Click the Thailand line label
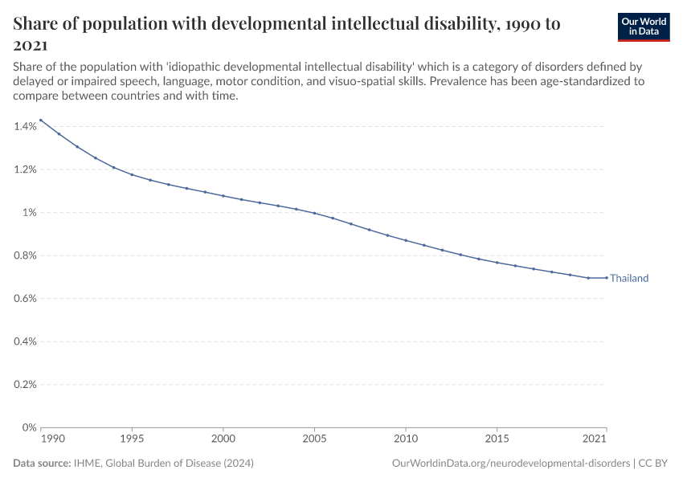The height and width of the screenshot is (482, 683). (628, 279)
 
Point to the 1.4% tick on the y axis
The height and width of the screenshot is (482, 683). (25, 126)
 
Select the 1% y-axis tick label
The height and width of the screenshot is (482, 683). (29, 212)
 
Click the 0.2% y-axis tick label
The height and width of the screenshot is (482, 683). (25, 384)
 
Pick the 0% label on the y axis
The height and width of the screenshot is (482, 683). (29, 427)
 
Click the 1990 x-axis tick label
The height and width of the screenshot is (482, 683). (51, 439)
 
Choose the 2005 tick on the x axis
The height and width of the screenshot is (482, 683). (314, 439)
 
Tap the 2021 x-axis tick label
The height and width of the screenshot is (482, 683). (595, 439)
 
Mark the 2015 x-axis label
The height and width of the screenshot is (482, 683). (497, 439)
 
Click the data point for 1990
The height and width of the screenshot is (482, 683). (40, 120)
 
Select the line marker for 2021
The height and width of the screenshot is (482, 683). (607, 278)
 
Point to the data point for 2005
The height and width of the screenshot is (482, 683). (314, 214)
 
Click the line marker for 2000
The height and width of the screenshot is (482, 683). (223, 196)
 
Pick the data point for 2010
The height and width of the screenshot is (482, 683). (406, 240)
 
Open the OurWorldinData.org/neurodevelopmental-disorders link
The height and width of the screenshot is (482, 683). (510, 464)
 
